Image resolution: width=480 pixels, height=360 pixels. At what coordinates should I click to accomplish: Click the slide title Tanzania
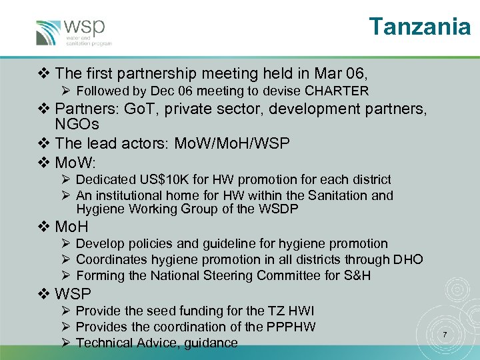420,27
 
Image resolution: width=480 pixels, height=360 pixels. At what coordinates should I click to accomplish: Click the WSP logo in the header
73,31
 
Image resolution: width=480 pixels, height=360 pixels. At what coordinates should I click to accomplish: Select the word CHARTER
337,91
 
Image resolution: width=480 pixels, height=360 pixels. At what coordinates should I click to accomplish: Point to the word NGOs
77,125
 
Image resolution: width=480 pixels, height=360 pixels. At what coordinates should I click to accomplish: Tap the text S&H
353,275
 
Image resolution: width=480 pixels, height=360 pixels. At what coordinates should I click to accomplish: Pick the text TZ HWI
291,311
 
